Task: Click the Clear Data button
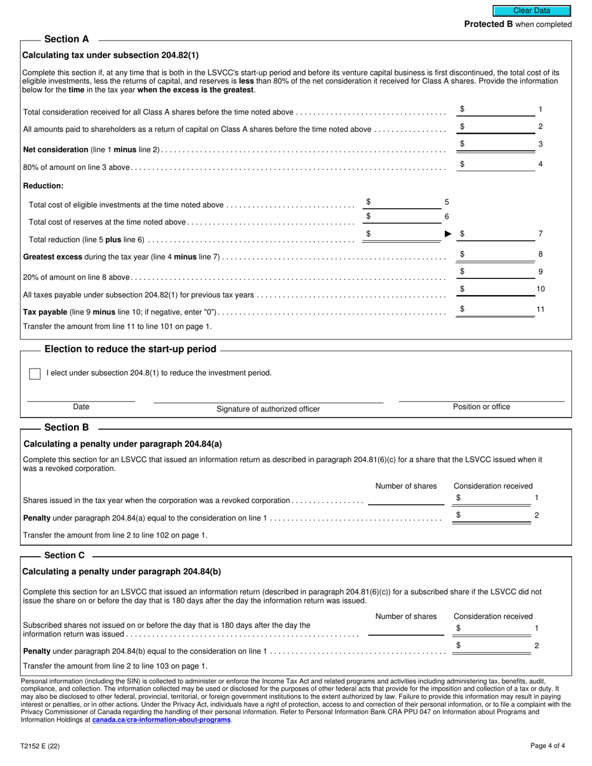pos(532,11)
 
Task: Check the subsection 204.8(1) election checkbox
pos(35,374)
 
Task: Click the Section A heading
pos(67,39)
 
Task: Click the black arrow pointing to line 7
pos(447,234)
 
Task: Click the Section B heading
pos(67,428)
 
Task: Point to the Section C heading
pos(65,556)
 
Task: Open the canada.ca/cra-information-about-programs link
pos(161,720)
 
